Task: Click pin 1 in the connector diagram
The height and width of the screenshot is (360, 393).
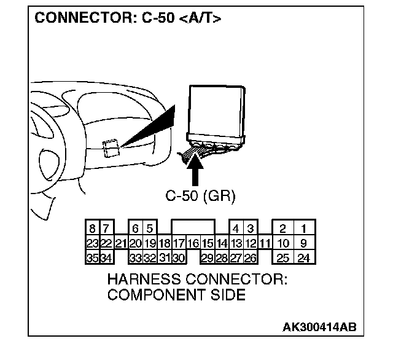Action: pos(303,229)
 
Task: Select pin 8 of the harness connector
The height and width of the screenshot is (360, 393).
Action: pos(91,229)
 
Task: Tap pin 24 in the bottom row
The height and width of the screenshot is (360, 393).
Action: pos(303,258)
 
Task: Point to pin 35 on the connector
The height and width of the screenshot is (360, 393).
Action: pos(91,258)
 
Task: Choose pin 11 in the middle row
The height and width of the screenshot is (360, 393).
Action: pos(265,243)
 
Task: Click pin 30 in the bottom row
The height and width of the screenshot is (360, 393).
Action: pos(179,258)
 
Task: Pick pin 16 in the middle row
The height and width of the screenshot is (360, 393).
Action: pos(193,243)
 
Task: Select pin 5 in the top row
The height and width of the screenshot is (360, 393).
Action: pos(149,229)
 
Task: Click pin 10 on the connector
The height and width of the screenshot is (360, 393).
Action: pos(283,243)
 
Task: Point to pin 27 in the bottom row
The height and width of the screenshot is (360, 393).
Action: pos(236,258)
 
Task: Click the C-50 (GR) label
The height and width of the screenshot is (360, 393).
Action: pos(200,197)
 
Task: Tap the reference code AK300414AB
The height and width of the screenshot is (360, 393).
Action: pos(319,326)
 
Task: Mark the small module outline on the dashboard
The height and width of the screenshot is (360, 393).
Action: pos(111,148)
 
